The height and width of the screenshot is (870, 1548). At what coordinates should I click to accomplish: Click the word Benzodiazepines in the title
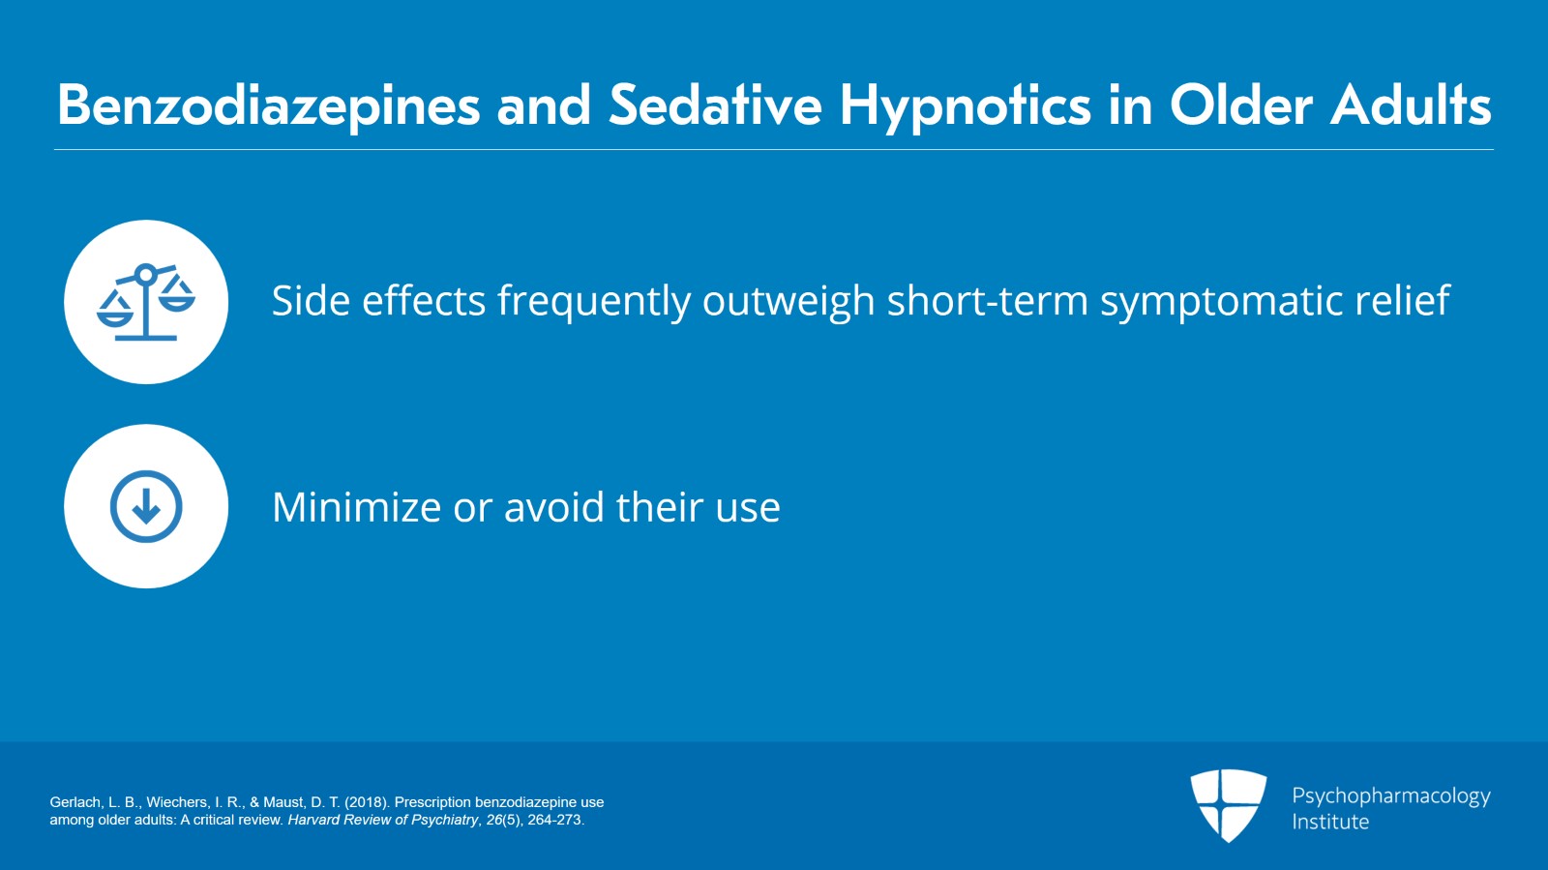[x=268, y=105]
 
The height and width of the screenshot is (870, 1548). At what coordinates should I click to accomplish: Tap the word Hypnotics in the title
[x=965, y=105]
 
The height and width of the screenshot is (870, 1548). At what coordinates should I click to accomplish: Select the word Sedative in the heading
[x=715, y=105]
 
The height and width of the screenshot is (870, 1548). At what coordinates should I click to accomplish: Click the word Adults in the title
[x=1411, y=105]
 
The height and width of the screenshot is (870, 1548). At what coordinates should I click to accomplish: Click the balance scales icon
[x=146, y=302]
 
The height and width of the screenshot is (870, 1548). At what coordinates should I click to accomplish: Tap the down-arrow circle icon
[x=146, y=506]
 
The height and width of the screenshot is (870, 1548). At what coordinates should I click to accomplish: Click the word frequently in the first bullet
[x=593, y=301]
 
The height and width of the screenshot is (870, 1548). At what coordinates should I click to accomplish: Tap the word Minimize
[x=356, y=507]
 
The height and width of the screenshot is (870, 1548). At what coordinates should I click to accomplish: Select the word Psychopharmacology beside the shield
[x=1390, y=795]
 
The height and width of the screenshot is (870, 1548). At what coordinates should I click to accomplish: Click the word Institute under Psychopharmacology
[x=1330, y=822]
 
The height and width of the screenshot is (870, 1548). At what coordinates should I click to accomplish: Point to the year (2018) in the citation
[x=367, y=802]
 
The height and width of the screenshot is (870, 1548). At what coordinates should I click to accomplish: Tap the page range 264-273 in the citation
[x=554, y=820]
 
